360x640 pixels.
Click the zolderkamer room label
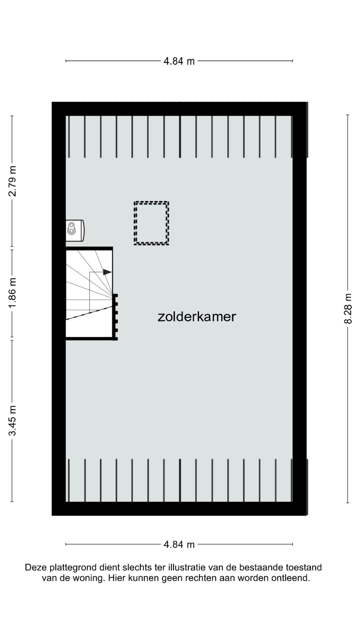[x=197, y=317]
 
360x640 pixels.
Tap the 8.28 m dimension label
[x=348, y=308]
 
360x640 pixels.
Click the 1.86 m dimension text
[x=12, y=293]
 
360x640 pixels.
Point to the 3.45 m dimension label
[x=12, y=421]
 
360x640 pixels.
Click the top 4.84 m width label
[x=179, y=61]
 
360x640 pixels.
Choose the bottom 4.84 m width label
[x=179, y=545]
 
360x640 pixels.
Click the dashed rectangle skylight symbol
[x=151, y=223]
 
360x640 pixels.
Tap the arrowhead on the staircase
[x=107, y=272]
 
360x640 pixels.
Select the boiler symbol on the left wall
[x=74, y=230]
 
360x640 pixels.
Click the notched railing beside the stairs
[x=115, y=317]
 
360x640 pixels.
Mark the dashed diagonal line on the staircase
[x=89, y=313]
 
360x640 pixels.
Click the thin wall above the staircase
[x=89, y=248]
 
